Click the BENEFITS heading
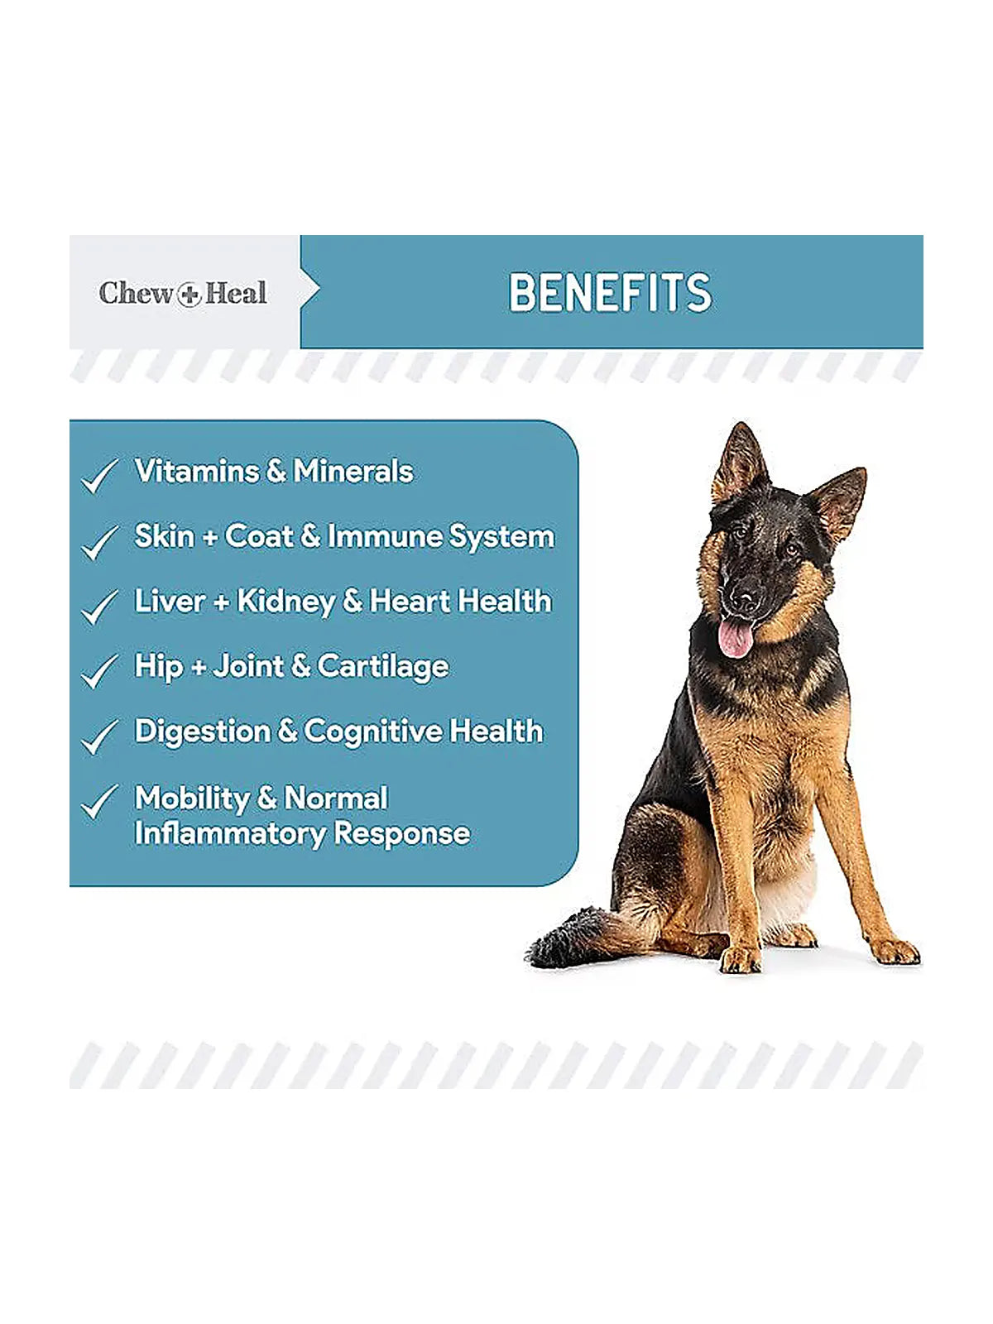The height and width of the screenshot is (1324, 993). [x=610, y=293]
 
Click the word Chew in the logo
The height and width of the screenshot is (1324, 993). [x=137, y=293]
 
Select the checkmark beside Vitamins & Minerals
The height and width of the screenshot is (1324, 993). [x=99, y=475]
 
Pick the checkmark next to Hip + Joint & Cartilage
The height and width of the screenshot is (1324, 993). [x=99, y=671]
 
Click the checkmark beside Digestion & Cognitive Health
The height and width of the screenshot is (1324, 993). [x=99, y=736]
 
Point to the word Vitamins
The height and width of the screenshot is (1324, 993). [x=197, y=471]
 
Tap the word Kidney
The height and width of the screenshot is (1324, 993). [x=285, y=602]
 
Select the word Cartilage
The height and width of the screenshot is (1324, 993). [x=383, y=667]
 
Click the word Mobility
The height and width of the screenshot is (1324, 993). [x=192, y=799]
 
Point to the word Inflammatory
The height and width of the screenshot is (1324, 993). [x=230, y=834]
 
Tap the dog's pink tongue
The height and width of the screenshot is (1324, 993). [x=736, y=637]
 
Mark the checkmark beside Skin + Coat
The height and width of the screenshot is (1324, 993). [x=99, y=541]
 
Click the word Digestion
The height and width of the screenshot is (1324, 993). [x=203, y=732]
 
